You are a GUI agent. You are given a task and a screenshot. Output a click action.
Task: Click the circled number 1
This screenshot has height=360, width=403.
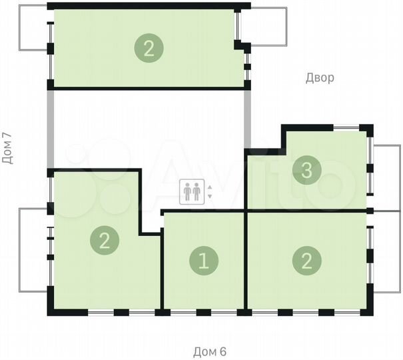tap(204, 260)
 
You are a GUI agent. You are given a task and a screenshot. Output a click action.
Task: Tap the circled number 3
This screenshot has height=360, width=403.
tap(306, 171)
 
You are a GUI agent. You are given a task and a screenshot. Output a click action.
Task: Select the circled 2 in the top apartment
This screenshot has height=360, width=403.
tap(149, 47)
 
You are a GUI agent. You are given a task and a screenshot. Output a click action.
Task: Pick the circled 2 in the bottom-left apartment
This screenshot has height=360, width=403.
tap(105, 239)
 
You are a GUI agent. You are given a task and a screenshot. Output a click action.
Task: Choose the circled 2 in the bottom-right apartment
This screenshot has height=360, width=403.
tap(306, 260)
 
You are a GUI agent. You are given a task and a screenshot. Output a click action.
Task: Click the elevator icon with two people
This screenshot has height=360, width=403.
tap(191, 192)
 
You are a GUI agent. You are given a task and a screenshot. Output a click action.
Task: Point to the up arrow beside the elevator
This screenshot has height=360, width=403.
tap(209, 187)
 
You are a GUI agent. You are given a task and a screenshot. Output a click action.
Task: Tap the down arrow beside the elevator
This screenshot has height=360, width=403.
tap(209, 197)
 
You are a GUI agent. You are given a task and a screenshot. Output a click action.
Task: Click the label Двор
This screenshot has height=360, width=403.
tap(320, 78)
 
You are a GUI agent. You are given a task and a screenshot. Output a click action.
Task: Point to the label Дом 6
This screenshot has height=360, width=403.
tap(210, 351)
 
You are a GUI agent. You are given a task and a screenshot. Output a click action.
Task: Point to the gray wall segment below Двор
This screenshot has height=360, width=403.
tap(247, 119)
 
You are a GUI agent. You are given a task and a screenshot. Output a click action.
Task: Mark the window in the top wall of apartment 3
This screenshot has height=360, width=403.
tap(346, 127)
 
